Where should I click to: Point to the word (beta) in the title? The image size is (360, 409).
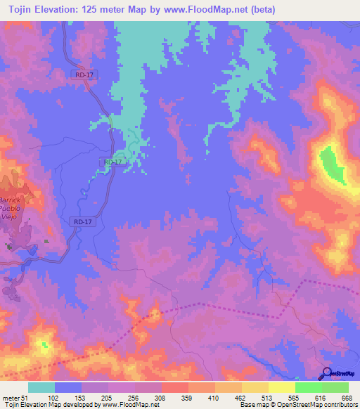pyautogui.click(x=262, y=10)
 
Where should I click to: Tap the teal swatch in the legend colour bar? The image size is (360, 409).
pyautogui.click(x=41, y=388)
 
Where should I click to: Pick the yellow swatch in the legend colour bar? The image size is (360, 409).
pyautogui.click(x=281, y=388)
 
